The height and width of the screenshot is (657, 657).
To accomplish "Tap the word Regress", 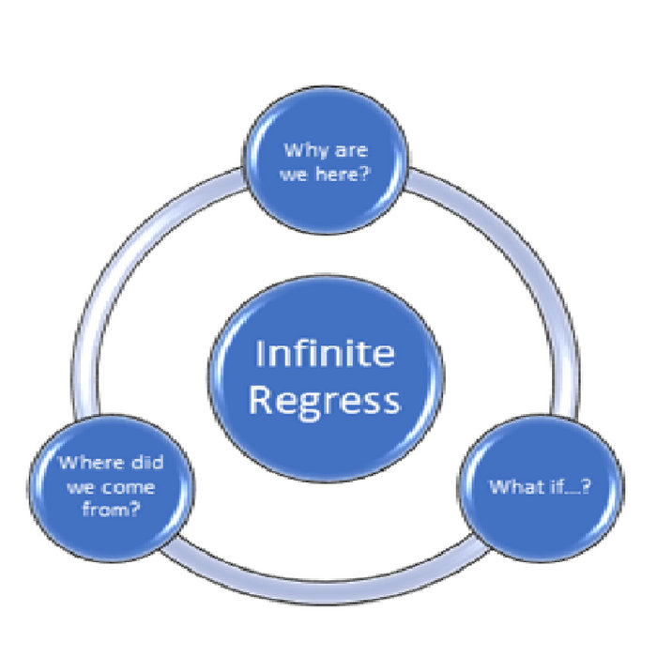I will (x=328, y=401).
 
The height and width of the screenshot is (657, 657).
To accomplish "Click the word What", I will (x=514, y=488).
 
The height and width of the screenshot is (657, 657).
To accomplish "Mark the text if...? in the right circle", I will (x=568, y=488).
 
